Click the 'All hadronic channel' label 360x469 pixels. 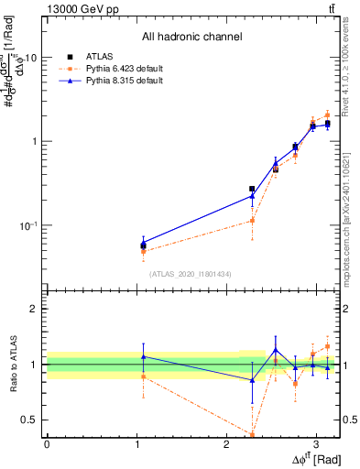(x=191, y=38)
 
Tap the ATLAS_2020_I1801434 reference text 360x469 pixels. (x=191, y=274)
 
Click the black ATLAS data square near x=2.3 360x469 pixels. (x=252, y=189)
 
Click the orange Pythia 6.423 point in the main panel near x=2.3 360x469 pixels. (x=252, y=220)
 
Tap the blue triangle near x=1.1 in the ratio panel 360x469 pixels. (x=143, y=356)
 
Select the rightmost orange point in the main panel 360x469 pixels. (x=327, y=115)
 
